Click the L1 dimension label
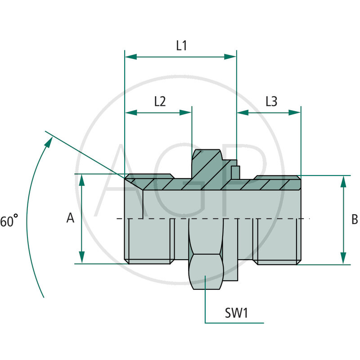tap(181, 45)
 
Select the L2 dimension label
tap(160, 101)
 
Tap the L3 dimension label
tap(271, 101)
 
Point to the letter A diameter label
tap(70, 218)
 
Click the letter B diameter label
tap(354, 219)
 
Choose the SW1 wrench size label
tap(237, 313)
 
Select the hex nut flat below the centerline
tap(205, 272)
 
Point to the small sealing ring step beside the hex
tap(235, 171)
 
